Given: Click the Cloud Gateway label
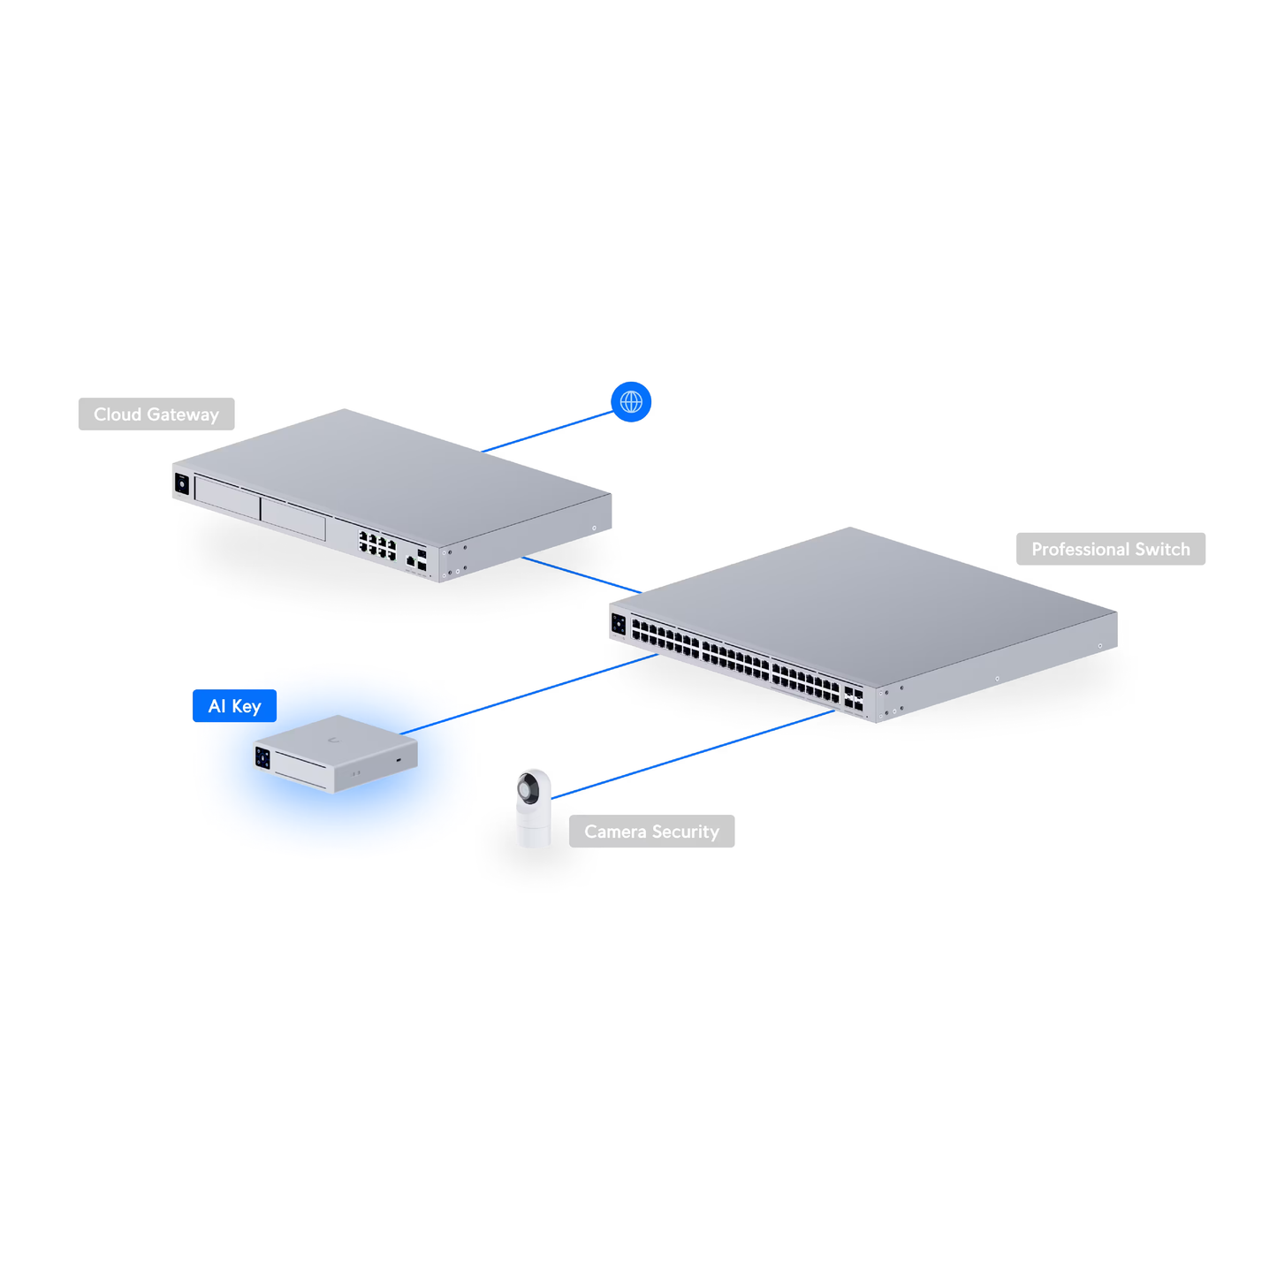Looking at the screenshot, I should [156, 414].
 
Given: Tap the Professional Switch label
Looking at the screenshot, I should [1110, 550].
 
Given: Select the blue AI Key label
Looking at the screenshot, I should [234, 706].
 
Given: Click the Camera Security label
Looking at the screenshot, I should [651, 832].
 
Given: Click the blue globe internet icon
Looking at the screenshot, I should [631, 402].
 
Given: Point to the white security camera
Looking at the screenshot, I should [534, 810].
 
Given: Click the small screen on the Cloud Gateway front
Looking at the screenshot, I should [182, 483].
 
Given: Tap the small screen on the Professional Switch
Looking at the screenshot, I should [619, 625].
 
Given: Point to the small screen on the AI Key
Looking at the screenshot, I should [262, 757].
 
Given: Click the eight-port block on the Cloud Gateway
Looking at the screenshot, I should [377, 545].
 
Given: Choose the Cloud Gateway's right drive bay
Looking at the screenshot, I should [293, 518].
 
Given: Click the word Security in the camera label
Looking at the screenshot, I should [685, 832].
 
